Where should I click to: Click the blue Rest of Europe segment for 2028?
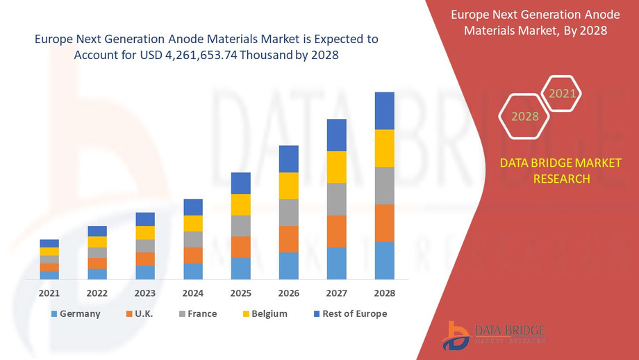[384, 111]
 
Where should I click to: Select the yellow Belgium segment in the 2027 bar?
[336, 167]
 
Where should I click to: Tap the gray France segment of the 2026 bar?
[288, 212]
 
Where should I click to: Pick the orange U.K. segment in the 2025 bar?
[240, 247]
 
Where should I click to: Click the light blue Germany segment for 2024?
[193, 271]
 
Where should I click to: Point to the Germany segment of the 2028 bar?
[384, 261]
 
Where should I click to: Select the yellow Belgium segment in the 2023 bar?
[145, 233]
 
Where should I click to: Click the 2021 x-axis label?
[49, 293]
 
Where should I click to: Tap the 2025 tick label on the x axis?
[240, 293]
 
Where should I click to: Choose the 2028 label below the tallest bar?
[384, 293]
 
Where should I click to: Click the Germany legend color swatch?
[53, 314]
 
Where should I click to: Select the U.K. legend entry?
[138, 314]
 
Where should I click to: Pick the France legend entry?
[196, 314]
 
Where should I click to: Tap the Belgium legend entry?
[263, 314]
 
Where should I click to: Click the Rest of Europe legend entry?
[349, 314]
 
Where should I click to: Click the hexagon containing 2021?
[561, 93]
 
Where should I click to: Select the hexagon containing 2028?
[525, 116]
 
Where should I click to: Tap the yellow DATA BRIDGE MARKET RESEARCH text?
[561, 171]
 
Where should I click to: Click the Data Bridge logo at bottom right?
[493, 335]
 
